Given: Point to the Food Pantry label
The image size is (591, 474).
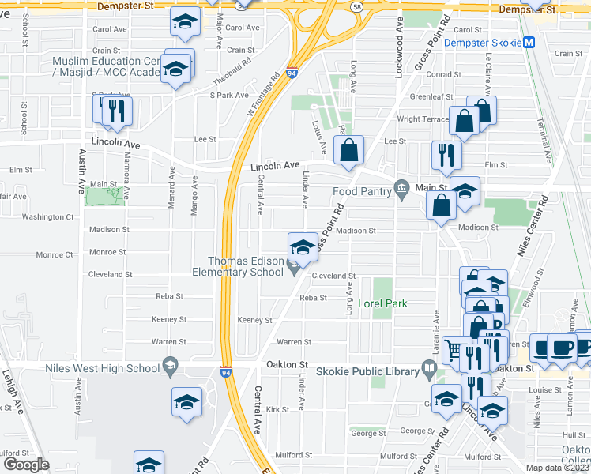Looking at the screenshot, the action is coord(362,190).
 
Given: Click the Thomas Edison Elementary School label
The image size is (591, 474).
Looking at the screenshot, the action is coord(246,266).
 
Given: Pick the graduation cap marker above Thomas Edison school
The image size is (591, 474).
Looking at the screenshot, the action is coord(303,248).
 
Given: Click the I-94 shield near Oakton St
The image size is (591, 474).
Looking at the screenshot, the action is coord(226,371).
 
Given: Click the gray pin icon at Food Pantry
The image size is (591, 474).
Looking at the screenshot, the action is coord(401,187).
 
